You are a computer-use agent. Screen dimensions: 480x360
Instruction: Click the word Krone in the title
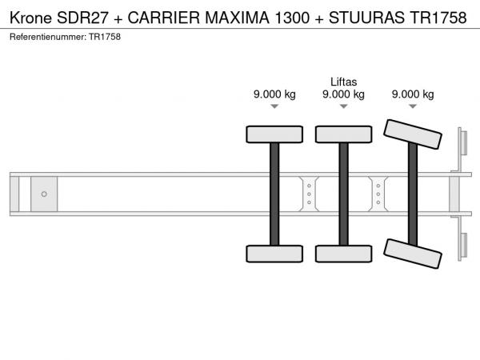click(30, 18)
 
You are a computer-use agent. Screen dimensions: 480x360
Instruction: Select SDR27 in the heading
click(82, 18)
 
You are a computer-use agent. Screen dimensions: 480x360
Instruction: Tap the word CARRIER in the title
click(163, 18)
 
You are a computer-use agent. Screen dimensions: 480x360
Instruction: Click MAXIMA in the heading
click(237, 18)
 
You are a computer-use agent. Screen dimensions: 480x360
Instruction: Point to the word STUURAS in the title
click(366, 18)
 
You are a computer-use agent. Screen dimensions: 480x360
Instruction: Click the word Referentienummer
click(48, 37)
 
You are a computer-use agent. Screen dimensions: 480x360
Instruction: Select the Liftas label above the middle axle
click(343, 82)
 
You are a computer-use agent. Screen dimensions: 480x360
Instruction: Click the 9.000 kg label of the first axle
click(274, 94)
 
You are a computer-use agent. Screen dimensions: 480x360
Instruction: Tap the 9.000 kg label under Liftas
click(343, 94)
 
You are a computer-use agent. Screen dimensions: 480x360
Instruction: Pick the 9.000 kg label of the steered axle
click(413, 94)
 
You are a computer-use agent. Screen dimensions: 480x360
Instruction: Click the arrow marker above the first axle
click(274, 106)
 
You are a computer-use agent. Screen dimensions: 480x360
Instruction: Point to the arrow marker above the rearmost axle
click(413, 106)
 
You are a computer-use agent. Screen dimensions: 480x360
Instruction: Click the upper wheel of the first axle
click(274, 134)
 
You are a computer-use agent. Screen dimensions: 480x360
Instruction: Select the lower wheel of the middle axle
click(344, 254)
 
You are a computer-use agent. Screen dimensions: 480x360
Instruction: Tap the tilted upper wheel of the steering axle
click(413, 134)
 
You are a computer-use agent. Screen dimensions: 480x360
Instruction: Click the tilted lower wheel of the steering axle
click(413, 254)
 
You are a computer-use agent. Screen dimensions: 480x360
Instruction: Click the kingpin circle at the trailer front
click(44, 194)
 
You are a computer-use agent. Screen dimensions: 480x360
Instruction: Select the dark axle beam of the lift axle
click(344, 194)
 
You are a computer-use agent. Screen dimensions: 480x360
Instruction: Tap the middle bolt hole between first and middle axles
click(309, 194)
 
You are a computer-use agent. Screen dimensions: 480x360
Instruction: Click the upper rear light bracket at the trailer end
click(462, 143)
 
